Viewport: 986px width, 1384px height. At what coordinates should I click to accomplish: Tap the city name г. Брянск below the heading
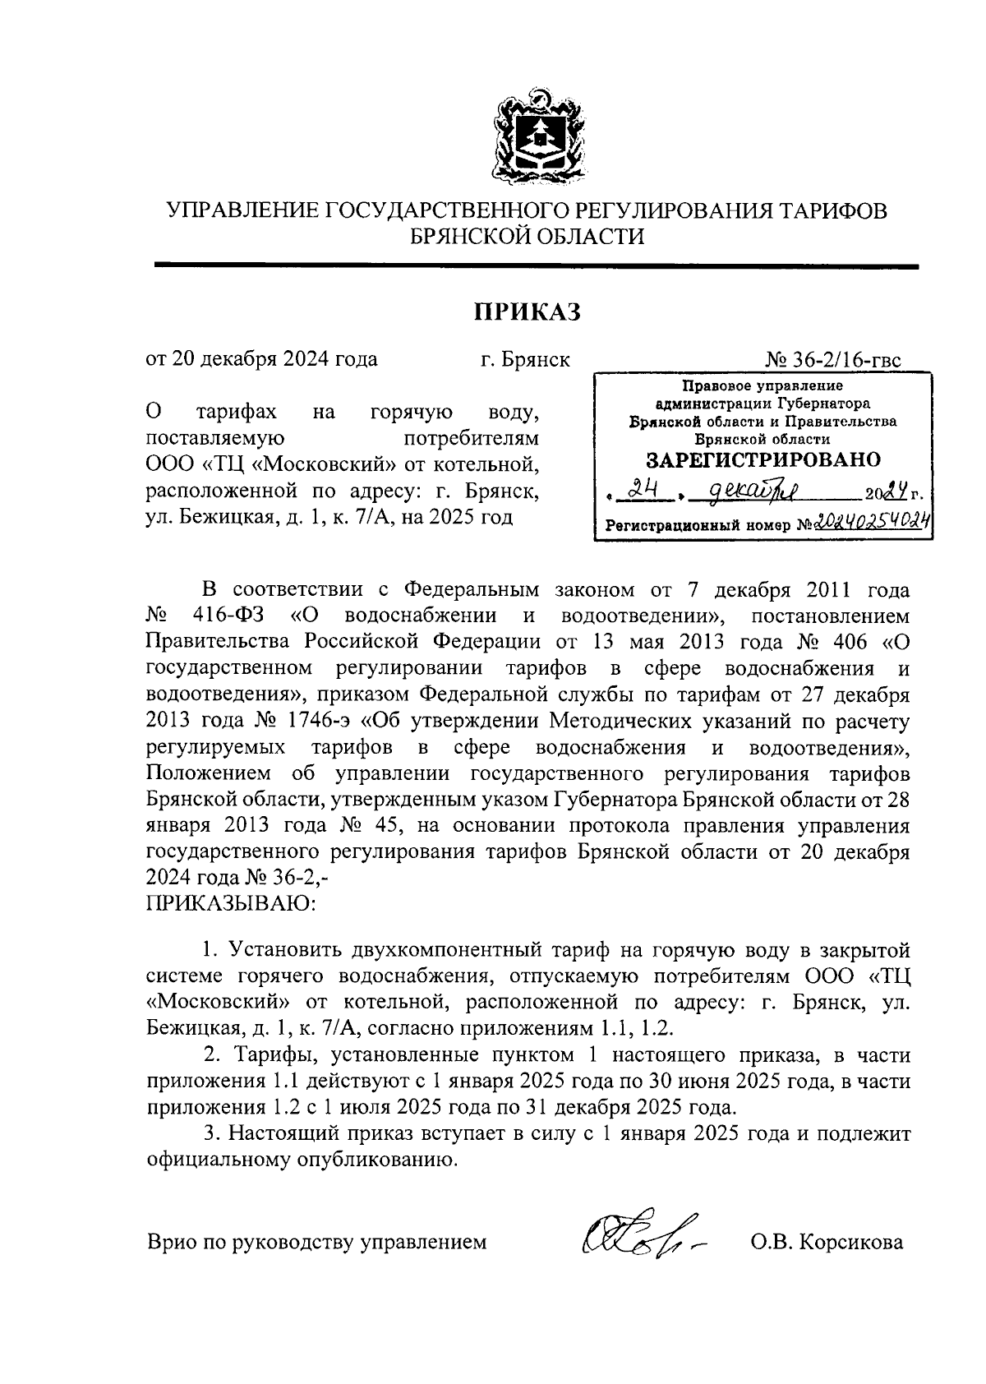coord(525,360)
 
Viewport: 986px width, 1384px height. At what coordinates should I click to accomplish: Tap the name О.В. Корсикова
coord(827,1241)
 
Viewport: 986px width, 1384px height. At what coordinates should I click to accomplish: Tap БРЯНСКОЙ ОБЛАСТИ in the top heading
coord(528,238)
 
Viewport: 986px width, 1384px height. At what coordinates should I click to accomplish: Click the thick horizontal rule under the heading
coord(536,265)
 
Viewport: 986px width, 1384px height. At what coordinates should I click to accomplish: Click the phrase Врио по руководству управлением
coord(316,1241)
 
